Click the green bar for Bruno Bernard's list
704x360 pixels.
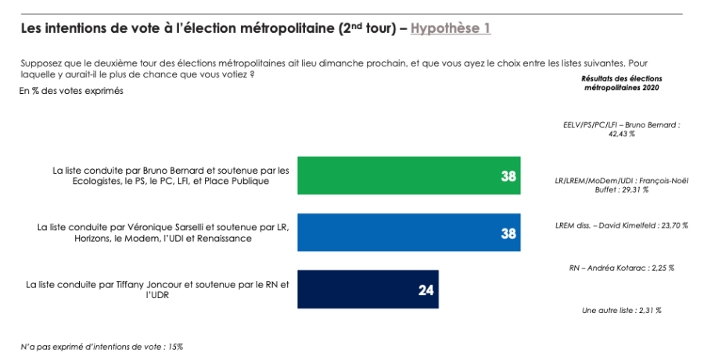click(407, 176)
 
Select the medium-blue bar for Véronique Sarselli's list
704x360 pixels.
click(407, 232)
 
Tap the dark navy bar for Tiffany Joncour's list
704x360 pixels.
click(368, 290)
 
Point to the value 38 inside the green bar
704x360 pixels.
click(508, 177)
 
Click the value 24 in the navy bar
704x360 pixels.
click(426, 290)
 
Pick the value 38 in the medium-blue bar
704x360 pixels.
click(508, 233)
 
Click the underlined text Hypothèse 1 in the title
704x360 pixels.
click(451, 29)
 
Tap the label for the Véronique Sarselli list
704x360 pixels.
click(163, 232)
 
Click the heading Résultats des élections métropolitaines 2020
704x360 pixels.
click(621, 84)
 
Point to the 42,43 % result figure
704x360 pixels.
click(621, 134)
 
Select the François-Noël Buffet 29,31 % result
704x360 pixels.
click(621, 184)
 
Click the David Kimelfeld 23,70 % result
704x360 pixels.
click(621, 225)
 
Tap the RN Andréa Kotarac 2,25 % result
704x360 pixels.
click(621, 268)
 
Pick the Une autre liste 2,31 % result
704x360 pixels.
click(621, 311)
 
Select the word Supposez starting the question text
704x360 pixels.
click(40, 63)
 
